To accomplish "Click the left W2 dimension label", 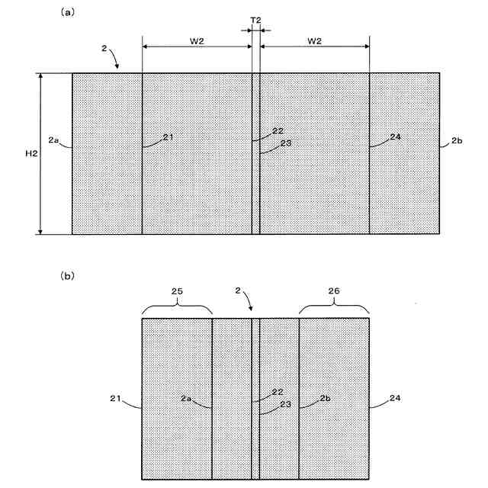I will tap(197, 40).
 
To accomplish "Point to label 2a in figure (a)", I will tap(53, 140).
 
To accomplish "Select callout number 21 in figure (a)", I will tap(168, 137).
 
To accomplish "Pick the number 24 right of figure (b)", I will tap(394, 397).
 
